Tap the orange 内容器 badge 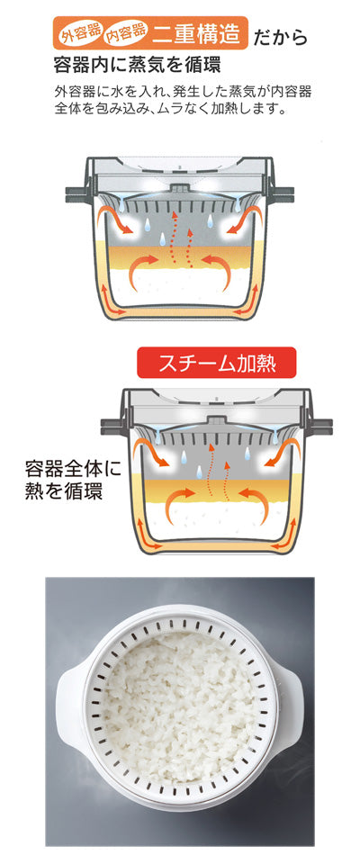coord(127,35)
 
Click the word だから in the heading coord(280,38)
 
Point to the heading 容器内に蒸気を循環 coord(138,66)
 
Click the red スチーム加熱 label coord(217,363)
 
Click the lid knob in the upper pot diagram coord(179,189)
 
